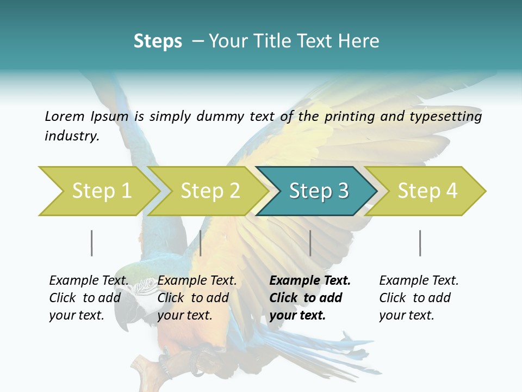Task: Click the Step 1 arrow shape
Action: [x=98, y=191]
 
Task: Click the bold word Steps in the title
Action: [x=158, y=41]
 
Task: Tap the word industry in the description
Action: [x=72, y=136]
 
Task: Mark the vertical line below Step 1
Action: [x=92, y=243]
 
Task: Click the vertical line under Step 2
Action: [x=201, y=243]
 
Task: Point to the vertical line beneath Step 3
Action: [x=310, y=243]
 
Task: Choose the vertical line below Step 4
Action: [x=420, y=243]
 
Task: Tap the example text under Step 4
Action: [x=419, y=298]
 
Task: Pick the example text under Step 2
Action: [x=197, y=298]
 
